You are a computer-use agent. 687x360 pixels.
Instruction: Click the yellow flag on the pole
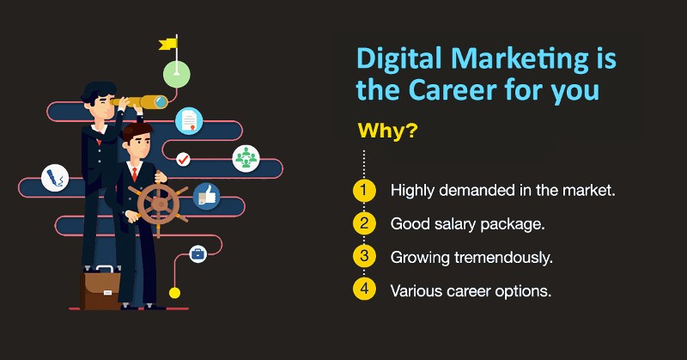pos(169,42)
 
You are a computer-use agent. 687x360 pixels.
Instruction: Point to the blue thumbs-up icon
pos(205,196)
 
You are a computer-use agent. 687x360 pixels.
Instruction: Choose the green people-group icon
pos(245,158)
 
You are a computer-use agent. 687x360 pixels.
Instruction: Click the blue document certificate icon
pos(188,121)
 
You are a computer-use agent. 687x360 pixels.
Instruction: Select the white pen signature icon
pos(54,179)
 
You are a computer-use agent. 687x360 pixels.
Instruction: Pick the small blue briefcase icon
pos(198,253)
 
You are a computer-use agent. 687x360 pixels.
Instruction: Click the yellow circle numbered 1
pos(365,190)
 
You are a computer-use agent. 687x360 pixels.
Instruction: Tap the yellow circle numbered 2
pos(365,223)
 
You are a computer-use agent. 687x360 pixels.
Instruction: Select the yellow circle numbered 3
pos(365,256)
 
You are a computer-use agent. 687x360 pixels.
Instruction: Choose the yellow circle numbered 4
pos(365,289)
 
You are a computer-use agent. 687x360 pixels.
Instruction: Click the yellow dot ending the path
pos(174,293)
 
